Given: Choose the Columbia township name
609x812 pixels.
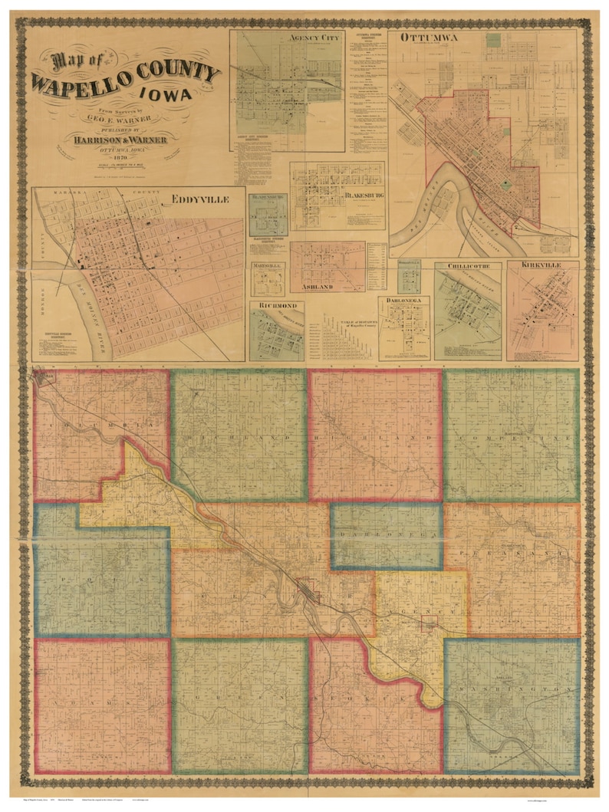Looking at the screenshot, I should coord(100,426).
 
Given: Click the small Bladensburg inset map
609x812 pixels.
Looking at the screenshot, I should coord(268,215).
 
